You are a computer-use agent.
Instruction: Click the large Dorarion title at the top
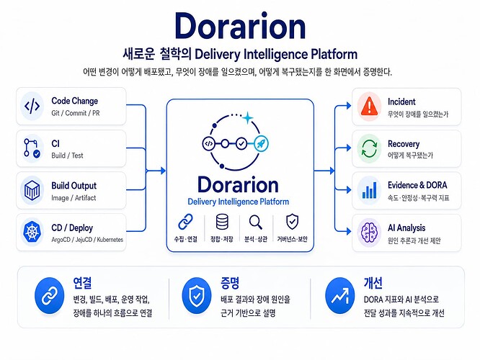(x=240, y=26)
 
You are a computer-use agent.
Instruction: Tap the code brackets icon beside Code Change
(x=32, y=106)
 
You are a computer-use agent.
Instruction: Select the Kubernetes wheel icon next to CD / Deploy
(x=32, y=232)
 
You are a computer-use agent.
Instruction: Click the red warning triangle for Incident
(x=369, y=106)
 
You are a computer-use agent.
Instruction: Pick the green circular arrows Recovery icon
(x=369, y=148)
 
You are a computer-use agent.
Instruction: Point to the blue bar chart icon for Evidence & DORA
(x=369, y=190)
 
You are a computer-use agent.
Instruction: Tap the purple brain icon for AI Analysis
(x=369, y=232)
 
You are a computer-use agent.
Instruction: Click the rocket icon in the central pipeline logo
(x=261, y=143)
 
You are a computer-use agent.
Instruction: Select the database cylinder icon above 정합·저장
(x=222, y=222)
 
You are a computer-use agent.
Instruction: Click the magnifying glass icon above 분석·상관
(x=256, y=222)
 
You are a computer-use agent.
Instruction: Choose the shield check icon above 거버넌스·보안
(x=292, y=222)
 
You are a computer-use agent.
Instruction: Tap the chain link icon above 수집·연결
(x=185, y=222)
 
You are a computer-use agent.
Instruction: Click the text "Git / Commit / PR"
(x=76, y=113)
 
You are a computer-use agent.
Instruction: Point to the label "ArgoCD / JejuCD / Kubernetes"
(x=87, y=240)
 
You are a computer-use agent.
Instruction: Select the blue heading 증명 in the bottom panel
(x=230, y=283)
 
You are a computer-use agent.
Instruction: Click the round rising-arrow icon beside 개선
(x=339, y=296)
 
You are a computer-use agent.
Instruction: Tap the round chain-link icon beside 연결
(x=49, y=296)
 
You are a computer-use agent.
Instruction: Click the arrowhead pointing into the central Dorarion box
(x=163, y=171)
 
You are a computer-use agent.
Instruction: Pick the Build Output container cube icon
(x=32, y=190)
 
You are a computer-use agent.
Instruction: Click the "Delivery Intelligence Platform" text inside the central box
(x=238, y=202)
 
